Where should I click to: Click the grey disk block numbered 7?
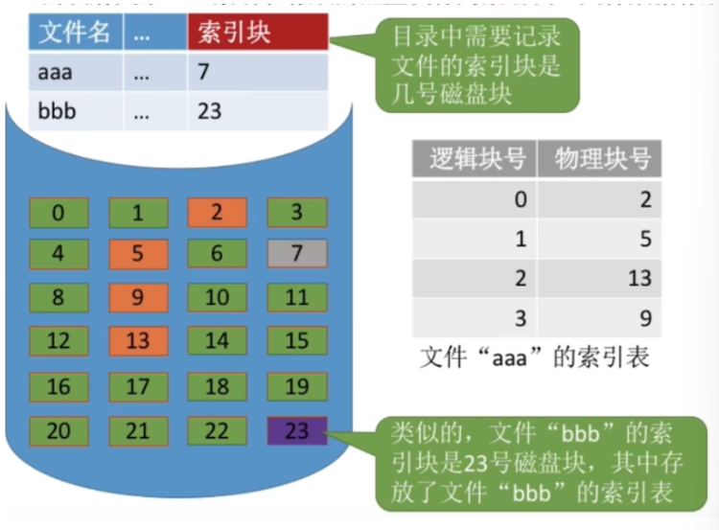click(296, 254)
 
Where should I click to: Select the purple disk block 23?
click(296, 430)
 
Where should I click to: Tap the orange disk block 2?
click(217, 212)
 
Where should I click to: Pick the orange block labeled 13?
click(138, 340)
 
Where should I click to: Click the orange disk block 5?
click(138, 254)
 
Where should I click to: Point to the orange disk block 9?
click(138, 297)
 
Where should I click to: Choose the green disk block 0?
click(59, 212)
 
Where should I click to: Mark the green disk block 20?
click(59, 430)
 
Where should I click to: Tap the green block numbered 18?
click(217, 386)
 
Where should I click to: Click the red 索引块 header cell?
click(258, 33)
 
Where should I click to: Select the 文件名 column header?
click(75, 33)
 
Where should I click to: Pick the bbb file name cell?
click(57, 111)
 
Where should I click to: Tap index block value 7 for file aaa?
click(202, 72)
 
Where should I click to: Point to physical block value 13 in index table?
click(639, 278)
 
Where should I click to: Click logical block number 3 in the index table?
click(521, 318)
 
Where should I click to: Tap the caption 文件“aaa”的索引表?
click(535, 358)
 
